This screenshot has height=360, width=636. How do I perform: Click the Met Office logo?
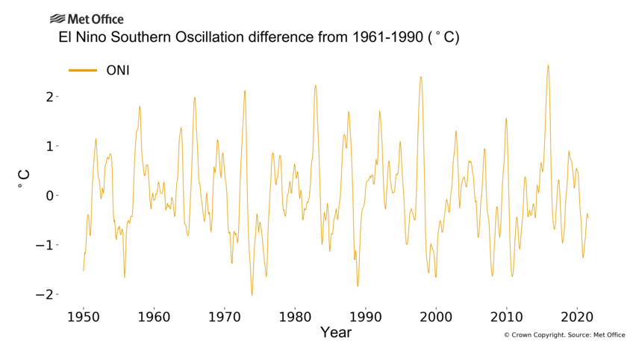click(87, 19)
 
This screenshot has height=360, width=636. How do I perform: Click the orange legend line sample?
click(83, 70)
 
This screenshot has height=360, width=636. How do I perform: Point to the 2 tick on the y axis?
click(49, 96)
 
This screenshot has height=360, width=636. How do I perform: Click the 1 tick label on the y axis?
click(49, 146)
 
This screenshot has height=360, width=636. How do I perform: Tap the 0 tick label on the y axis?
click(49, 196)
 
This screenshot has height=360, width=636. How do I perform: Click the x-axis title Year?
click(335, 332)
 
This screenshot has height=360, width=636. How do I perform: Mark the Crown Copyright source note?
click(564, 335)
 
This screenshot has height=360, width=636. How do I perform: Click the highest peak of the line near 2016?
click(548, 65)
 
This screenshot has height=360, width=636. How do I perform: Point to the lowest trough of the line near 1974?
click(252, 295)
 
